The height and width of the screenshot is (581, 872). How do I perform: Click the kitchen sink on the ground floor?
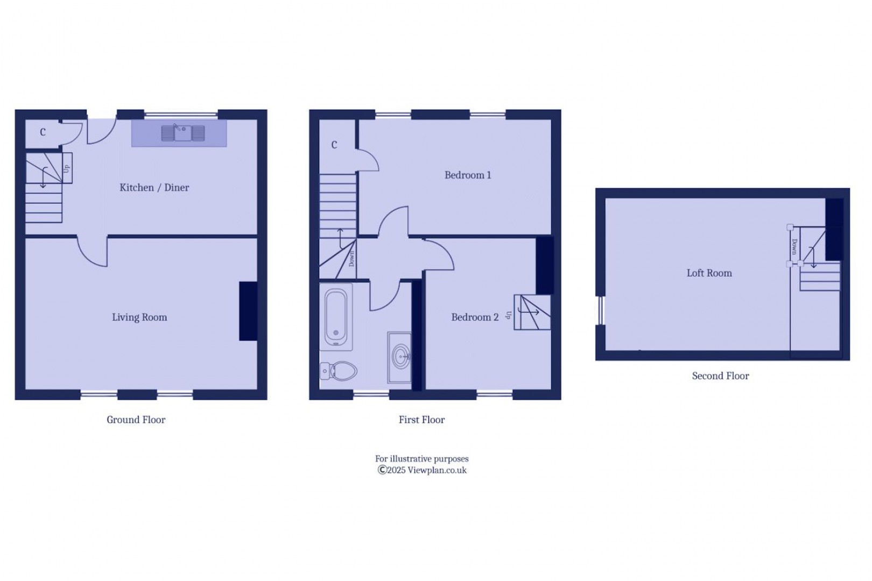click(x=183, y=133)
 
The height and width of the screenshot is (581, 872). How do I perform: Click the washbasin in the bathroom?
click(x=400, y=356)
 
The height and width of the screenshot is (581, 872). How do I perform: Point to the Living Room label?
click(x=139, y=317)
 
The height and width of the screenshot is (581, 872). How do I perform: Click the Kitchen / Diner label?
click(x=154, y=188)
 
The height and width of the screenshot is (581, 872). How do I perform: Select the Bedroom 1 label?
click(x=467, y=175)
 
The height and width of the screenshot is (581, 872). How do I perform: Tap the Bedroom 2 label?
click(x=474, y=317)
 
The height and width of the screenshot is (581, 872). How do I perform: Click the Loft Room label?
click(x=709, y=273)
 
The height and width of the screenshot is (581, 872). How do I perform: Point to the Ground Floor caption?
click(x=136, y=420)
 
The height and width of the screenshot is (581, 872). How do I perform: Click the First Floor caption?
click(x=421, y=420)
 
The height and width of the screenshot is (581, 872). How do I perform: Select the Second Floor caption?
click(x=720, y=376)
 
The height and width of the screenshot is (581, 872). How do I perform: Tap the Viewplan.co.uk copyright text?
click(x=422, y=470)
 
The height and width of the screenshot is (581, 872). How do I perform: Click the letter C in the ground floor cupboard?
click(x=43, y=132)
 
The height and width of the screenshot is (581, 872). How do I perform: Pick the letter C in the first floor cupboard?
click(x=334, y=145)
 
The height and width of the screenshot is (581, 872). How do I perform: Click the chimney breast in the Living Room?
click(x=248, y=311)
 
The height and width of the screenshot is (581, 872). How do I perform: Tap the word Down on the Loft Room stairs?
click(x=794, y=247)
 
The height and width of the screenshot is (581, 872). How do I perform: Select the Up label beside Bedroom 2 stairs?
click(x=508, y=315)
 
